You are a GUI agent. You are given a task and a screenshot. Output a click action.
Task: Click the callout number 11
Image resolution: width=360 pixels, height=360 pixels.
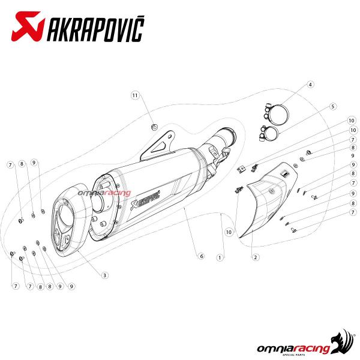pos(135,95)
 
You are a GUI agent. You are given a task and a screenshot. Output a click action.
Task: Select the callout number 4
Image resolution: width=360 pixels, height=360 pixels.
pos(310,85)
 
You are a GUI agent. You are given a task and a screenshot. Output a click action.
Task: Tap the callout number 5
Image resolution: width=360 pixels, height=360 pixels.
pos(332,107)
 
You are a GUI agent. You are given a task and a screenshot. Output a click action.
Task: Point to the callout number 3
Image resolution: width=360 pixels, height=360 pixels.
pos(104,275)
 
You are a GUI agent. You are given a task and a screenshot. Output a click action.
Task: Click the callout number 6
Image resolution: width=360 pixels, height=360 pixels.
pos(202,256)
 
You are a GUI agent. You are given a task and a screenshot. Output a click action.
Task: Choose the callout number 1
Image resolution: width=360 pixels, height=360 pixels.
pos(220,257)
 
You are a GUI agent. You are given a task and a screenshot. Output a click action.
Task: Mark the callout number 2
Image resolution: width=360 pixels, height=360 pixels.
pos(256,257)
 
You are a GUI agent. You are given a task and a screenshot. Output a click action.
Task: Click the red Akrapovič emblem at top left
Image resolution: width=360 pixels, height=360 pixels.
pos(28,26)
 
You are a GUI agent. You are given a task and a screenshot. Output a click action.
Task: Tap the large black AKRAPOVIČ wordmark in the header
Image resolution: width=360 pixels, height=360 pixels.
pos(96,29)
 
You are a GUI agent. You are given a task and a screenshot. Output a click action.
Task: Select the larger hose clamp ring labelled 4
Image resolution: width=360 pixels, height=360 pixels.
pos(277,115)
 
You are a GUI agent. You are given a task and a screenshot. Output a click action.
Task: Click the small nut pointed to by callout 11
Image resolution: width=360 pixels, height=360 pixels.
pos(155,127)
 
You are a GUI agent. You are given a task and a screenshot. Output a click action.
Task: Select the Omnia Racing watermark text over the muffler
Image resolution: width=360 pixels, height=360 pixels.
pos(104,193)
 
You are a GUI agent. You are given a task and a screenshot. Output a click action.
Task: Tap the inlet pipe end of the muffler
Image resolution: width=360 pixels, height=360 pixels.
pos(230,135)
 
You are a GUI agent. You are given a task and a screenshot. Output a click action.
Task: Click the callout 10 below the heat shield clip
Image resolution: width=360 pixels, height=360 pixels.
pos(229,232)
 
